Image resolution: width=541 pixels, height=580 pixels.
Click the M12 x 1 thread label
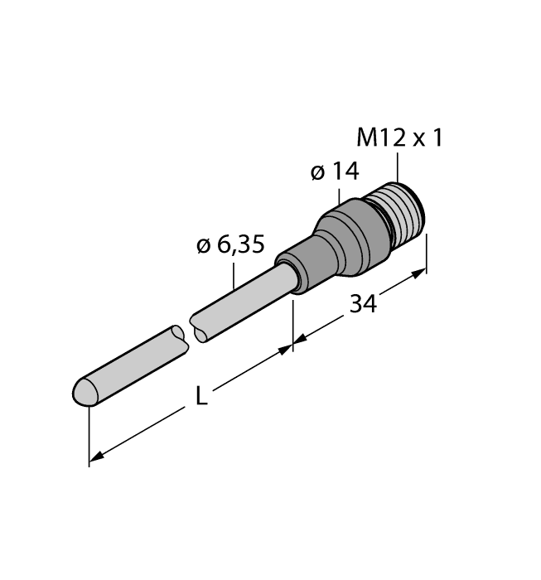[x=399, y=138]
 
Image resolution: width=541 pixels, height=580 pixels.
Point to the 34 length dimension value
[x=362, y=304]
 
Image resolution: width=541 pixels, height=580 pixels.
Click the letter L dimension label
[x=200, y=397]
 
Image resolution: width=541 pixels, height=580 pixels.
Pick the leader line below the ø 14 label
[x=340, y=195]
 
